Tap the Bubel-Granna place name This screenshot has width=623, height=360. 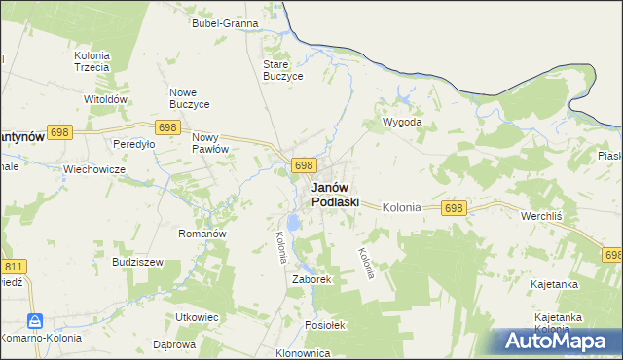[225, 22]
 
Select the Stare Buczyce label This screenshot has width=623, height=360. [283, 70]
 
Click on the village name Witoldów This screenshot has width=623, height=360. [106, 99]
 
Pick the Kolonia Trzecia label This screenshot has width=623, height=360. [92, 61]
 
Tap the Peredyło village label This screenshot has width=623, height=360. [134, 143]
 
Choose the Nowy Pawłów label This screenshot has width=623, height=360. [209, 143]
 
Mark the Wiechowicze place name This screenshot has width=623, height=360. [94, 168]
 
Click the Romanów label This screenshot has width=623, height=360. [202, 234]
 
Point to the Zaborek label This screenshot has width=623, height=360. [312, 279]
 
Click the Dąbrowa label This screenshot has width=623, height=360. [174, 344]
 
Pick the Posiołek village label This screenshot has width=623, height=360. [325, 325]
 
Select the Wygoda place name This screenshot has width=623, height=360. [402, 123]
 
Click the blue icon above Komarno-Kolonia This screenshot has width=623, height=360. [35, 321]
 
